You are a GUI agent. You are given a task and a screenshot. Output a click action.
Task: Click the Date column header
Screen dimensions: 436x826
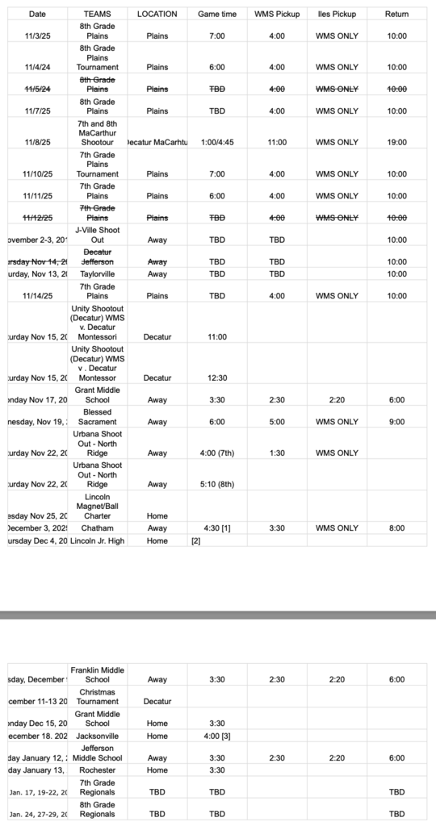pyautogui.click(x=37, y=15)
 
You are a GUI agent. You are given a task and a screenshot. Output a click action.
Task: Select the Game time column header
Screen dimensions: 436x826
pyautogui.click(x=217, y=15)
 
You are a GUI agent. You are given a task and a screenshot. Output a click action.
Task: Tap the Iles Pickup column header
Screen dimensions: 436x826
pyautogui.click(x=337, y=15)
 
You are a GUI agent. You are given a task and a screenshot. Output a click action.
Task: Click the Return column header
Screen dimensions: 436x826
pyautogui.click(x=396, y=15)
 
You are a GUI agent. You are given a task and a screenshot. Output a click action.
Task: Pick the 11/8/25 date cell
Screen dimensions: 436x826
pyautogui.click(x=37, y=142)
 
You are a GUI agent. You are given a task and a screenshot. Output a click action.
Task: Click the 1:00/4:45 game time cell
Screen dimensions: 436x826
pyautogui.click(x=217, y=142)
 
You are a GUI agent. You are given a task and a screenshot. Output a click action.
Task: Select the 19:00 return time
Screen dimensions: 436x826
pyautogui.click(x=396, y=142)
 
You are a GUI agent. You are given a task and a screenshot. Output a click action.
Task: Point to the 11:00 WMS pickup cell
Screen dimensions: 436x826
pyautogui.click(x=277, y=142)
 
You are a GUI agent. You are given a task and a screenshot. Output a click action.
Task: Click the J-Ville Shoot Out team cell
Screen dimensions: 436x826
pyautogui.click(x=98, y=234)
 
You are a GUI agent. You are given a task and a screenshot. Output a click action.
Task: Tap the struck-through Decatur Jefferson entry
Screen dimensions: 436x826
pyautogui.click(x=98, y=257)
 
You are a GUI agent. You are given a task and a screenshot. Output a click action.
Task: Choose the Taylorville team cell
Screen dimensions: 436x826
pyautogui.click(x=98, y=273)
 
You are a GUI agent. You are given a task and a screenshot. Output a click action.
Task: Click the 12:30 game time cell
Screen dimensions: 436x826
pyautogui.click(x=217, y=378)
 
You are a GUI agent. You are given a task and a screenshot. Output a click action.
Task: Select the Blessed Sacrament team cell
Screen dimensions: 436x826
pyautogui.click(x=98, y=416)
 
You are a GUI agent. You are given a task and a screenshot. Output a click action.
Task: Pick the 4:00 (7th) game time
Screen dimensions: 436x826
pyautogui.click(x=217, y=453)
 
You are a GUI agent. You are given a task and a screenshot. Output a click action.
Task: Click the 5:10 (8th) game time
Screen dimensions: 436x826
pyautogui.click(x=217, y=484)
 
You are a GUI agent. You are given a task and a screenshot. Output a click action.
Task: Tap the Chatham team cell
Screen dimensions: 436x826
pyautogui.click(x=98, y=528)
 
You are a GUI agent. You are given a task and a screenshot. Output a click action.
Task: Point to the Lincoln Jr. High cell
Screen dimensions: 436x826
pyautogui.click(x=98, y=540)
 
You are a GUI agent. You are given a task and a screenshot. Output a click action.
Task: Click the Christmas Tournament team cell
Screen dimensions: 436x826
pyautogui.click(x=98, y=696)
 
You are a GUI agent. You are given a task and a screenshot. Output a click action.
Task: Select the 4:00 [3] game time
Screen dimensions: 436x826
pyautogui.click(x=217, y=736)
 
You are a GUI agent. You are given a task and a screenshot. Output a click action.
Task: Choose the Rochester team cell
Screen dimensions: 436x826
pyautogui.click(x=98, y=770)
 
